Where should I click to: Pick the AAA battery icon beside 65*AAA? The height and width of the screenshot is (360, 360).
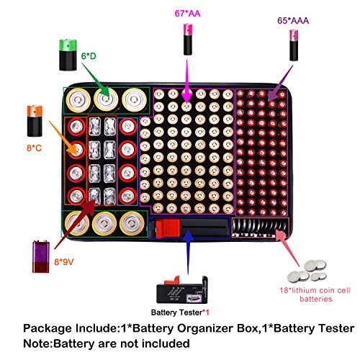294,45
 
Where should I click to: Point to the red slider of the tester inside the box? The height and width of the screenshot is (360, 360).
167,230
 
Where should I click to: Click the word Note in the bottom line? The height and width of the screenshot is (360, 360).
38,343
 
